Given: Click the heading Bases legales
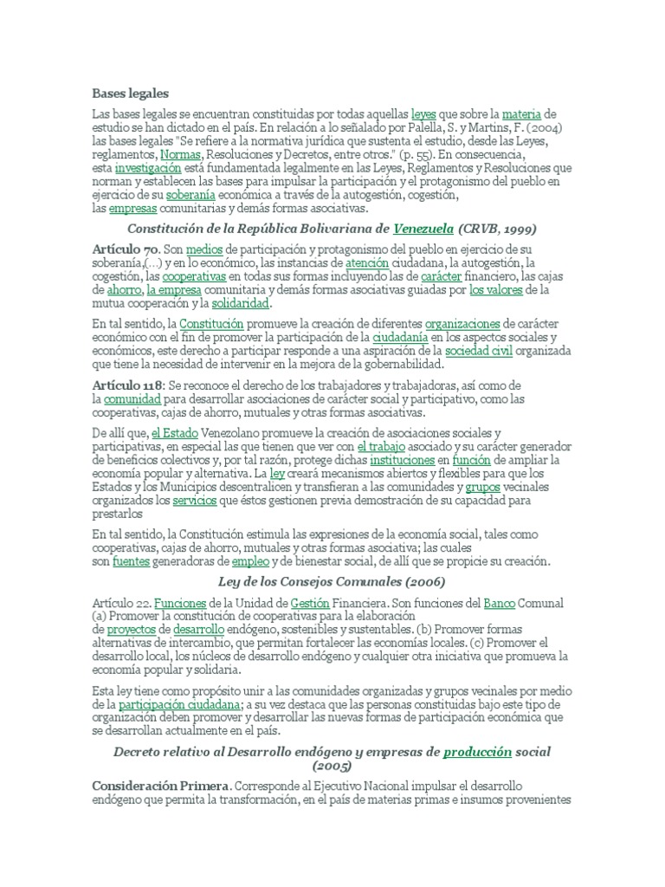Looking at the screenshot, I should (130, 93).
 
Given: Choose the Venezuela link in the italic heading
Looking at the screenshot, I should (423, 230).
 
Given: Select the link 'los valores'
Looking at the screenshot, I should (495, 290).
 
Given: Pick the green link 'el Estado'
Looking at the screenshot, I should (175, 432).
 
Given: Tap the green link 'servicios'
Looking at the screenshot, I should (194, 501).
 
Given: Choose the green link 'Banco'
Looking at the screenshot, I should (499, 603).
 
